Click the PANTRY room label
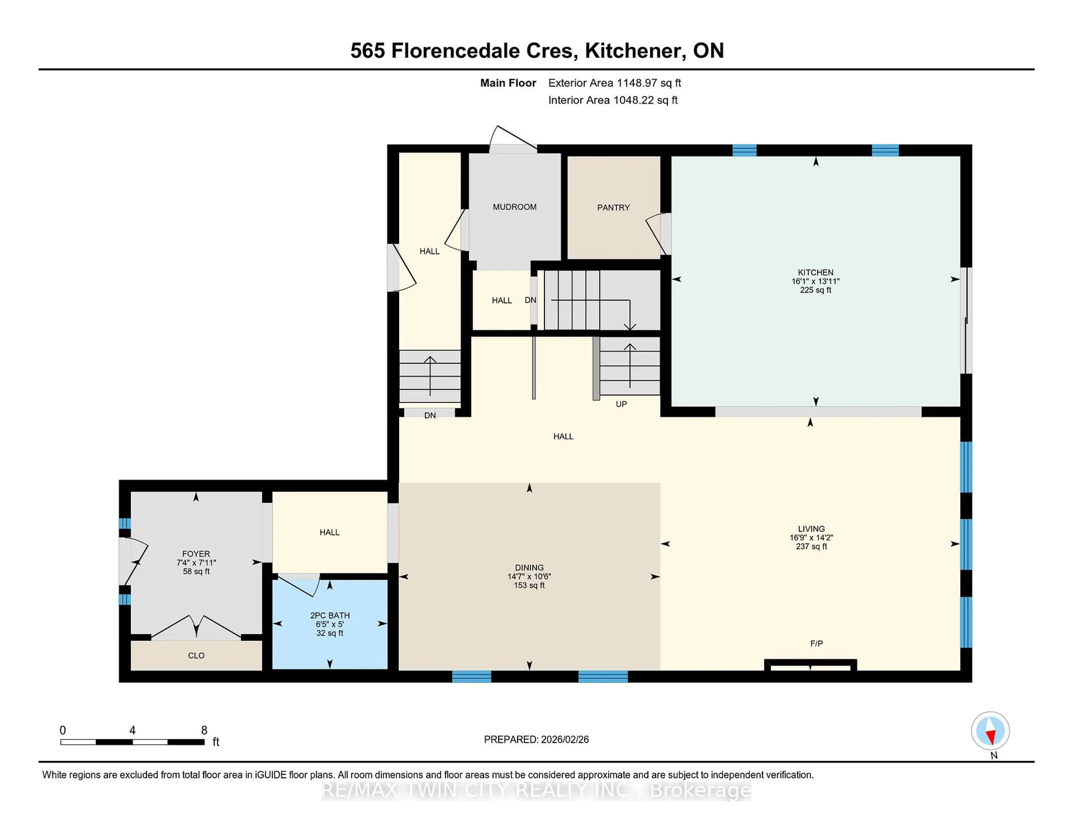(x=613, y=208)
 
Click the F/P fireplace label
(x=816, y=643)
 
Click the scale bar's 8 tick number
(x=204, y=730)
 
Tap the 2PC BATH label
(x=330, y=615)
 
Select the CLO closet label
(x=196, y=656)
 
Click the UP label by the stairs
(x=621, y=404)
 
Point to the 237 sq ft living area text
(x=811, y=547)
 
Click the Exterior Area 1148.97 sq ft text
(x=614, y=83)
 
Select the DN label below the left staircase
(x=430, y=416)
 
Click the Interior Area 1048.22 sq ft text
(x=613, y=100)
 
